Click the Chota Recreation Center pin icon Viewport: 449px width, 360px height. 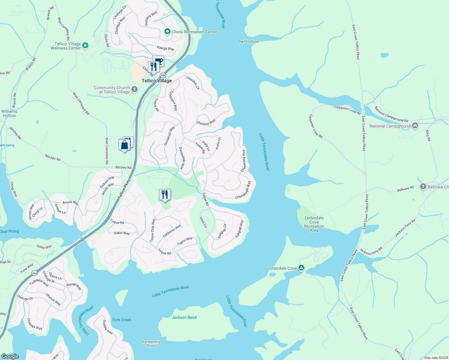[x=167, y=31]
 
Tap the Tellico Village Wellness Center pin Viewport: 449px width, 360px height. [x=85, y=46]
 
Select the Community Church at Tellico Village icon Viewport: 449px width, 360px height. [x=134, y=89]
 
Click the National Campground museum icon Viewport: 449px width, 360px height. [x=415, y=126]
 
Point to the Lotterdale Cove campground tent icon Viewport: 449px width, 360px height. [x=301, y=268]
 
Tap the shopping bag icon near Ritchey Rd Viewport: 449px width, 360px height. [x=124, y=145]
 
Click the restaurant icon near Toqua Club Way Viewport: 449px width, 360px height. [x=164, y=195]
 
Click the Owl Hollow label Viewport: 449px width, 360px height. [x=248, y=41]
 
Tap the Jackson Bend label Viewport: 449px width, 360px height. [x=184, y=317]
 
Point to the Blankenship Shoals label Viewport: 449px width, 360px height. [x=151, y=343]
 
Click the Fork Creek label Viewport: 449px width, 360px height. [x=122, y=320]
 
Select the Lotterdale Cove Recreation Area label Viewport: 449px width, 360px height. [x=314, y=224]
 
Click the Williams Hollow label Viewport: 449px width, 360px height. [x=9, y=113]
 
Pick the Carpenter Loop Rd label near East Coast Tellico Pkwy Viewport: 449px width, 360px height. [x=347, y=110]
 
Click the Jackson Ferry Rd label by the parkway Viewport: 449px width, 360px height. [x=371, y=251]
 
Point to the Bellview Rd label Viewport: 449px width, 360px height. [x=405, y=189]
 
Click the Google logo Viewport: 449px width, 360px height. [x=10, y=356]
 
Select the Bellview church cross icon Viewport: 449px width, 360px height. [x=423, y=187]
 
